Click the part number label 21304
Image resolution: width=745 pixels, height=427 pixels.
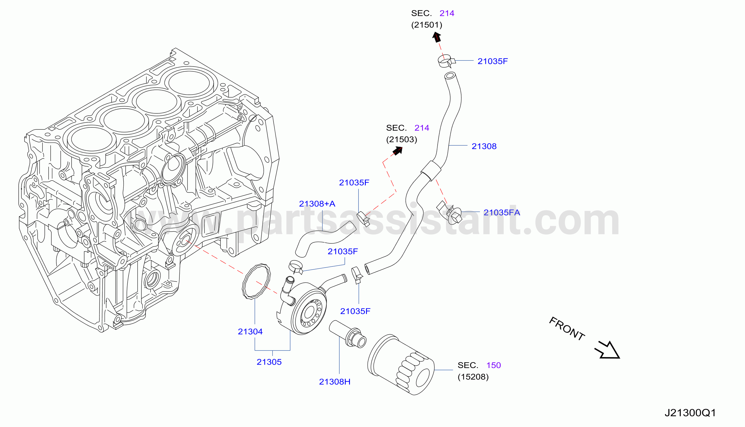[x=250, y=331]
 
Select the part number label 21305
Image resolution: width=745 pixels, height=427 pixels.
[x=269, y=362]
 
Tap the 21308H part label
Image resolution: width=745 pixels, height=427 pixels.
[x=334, y=382]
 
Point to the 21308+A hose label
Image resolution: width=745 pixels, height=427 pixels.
[x=317, y=203]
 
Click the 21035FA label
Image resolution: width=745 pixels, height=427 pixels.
[x=501, y=212]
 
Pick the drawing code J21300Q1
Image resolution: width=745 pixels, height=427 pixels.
[x=690, y=413]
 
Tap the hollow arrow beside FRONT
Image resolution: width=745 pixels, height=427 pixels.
[x=608, y=350]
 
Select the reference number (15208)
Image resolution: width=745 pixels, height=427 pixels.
[x=473, y=377]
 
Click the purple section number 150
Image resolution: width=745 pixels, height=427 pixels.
[x=493, y=365]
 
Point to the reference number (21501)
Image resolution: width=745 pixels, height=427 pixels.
[x=427, y=25]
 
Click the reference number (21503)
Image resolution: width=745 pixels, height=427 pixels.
[x=401, y=139]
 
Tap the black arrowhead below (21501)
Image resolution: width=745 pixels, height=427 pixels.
[x=436, y=37]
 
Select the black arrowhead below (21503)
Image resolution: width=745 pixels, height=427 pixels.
[x=398, y=151]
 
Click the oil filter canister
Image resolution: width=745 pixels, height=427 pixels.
[x=401, y=365]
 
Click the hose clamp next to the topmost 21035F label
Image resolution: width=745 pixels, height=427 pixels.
[x=446, y=61]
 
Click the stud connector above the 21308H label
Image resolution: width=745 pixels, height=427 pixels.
[x=348, y=334]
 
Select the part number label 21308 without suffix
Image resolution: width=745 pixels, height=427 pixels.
[x=484, y=146]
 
